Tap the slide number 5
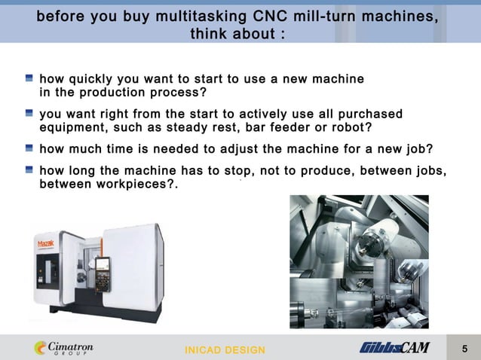pos(464,348)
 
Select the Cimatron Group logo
pos(64,348)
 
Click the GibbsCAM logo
pos(394,348)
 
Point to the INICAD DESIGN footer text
pos(225,350)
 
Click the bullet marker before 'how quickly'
pos(29,78)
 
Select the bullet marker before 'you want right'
pos(29,113)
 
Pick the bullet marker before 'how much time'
pos(29,148)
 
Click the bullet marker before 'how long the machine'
pos(29,169)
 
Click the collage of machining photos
pos(359,261)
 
